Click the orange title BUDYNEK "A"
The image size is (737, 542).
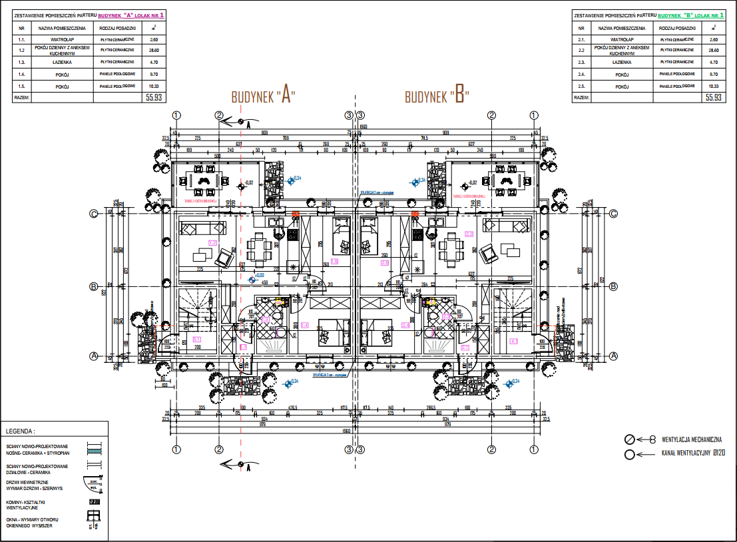263,95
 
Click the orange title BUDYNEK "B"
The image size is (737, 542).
437,96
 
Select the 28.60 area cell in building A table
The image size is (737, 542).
154,50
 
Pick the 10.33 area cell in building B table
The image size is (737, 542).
714,87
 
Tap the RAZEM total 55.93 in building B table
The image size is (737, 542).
714,97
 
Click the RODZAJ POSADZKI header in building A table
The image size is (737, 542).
117,28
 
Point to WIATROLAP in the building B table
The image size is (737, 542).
621,40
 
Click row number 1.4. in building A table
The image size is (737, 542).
22,75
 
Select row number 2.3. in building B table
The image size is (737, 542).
581,62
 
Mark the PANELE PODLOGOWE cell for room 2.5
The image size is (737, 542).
677,87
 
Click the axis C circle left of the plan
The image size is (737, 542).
95,214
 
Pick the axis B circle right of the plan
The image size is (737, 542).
613,286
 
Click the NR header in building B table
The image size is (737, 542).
581,28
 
